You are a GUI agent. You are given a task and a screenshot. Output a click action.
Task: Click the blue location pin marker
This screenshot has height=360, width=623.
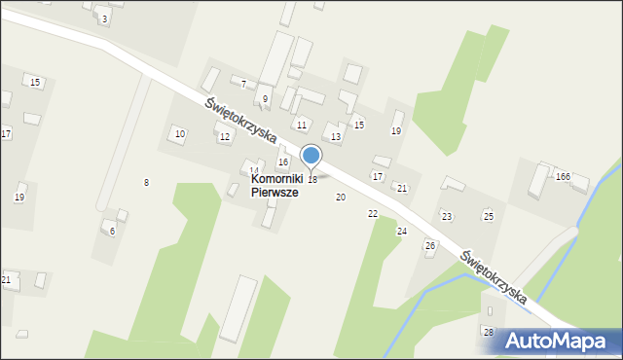(x=311, y=156)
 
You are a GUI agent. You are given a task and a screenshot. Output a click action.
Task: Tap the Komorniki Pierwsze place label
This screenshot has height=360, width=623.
(x=275, y=186)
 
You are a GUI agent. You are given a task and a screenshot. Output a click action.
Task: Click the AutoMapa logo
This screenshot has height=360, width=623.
(x=563, y=341)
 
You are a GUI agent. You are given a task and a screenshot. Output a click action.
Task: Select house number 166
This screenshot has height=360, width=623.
(x=563, y=176)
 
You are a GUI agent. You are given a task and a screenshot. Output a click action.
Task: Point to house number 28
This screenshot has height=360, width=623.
(x=488, y=332)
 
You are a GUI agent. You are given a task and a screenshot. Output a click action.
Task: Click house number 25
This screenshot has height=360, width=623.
(x=489, y=215)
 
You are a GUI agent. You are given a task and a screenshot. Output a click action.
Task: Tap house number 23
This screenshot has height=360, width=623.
(x=447, y=215)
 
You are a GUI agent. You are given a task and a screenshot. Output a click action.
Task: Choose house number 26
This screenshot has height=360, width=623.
(x=430, y=245)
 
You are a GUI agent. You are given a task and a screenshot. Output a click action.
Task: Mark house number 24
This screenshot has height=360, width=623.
(x=402, y=231)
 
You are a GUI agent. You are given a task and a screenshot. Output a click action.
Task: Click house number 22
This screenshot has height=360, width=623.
(x=373, y=213)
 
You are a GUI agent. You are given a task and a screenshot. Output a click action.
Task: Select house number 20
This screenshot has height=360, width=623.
(x=341, y=197)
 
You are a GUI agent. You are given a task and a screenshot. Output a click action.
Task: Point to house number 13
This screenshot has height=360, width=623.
(x=336, y=137)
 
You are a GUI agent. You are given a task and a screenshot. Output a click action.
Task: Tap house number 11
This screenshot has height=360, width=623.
(x=302, y=126)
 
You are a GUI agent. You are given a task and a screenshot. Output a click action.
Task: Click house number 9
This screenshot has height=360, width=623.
(x=265, y=99)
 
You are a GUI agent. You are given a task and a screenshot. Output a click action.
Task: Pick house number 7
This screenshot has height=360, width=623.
(x=243, y=85)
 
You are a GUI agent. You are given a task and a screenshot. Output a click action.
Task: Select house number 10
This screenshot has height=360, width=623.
(x=179, y=132)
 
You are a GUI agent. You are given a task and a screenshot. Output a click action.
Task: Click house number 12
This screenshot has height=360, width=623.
(x=225, y=137)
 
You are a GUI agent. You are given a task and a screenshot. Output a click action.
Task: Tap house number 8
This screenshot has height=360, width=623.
(x=146, y=183)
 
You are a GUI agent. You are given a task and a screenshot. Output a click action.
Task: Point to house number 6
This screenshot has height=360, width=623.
(x=112, y=231)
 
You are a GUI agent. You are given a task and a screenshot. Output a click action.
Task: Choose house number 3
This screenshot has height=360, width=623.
(x=104, y=18)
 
